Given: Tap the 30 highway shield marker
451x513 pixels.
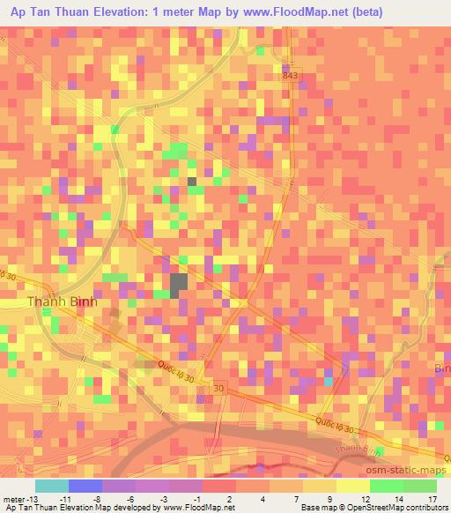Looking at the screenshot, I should tap(218, 387).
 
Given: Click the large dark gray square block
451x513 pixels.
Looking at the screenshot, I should tap(179, 284).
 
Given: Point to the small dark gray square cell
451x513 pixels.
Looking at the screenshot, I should tap(192, 182).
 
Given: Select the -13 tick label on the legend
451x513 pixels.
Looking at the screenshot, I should tap(33, 498).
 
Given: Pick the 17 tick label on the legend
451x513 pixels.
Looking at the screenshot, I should tap(432, 498).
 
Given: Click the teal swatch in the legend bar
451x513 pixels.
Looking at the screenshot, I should tap(51, 486).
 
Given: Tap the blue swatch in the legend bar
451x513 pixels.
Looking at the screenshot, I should tap(85, 486).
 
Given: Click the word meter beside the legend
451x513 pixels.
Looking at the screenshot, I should tap(13, 498).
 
